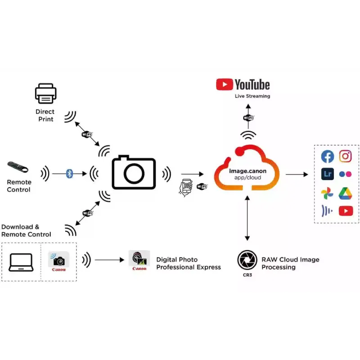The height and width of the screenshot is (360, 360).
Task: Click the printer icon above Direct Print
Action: click(x=45, y=94)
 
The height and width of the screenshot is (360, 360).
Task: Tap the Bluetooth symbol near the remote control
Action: click(x=69, y=173)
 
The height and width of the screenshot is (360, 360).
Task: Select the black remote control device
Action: click(x=18, y=167)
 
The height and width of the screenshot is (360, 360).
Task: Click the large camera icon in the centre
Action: click(x=134, y=172)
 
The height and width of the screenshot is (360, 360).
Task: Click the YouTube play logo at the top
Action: click(x=224, y=85)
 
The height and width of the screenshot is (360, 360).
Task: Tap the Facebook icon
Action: click(x=328, y=157)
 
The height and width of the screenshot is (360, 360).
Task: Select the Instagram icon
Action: click(x=346, y=156)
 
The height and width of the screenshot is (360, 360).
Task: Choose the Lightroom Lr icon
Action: click(x=328, y=174)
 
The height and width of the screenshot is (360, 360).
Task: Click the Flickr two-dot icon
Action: click(x=346, y=174)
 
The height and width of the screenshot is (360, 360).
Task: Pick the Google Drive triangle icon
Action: click(x=346, y=193)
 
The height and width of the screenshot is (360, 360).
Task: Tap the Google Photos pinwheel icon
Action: click(x=328, y=193)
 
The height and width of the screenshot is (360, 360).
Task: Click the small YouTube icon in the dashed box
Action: click(x=346, y=211)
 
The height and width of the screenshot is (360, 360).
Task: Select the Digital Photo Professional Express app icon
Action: click(x=139, y=259)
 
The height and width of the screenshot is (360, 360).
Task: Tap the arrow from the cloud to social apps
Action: click(x=297, y=174)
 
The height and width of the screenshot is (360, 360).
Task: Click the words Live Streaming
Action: click(x=252, y=96)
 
